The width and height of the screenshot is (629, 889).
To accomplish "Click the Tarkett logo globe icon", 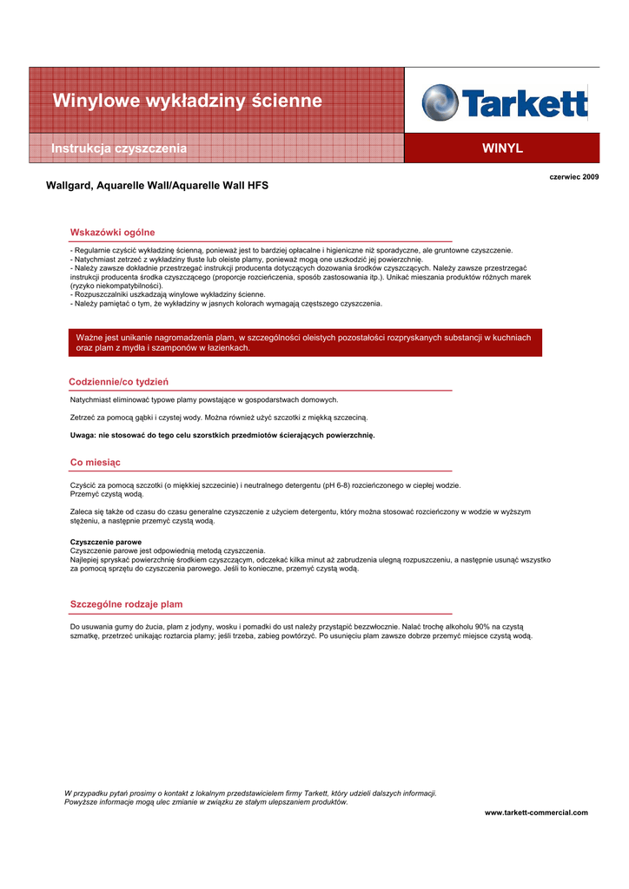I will tap(440, 102).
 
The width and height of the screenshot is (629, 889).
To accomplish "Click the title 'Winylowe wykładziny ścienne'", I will tap(187, 102).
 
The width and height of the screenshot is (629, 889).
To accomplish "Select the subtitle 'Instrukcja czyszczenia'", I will tap(119, 148).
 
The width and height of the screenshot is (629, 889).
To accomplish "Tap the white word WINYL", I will tap(502, 148).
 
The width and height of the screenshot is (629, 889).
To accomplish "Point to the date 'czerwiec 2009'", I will tap(574, 176).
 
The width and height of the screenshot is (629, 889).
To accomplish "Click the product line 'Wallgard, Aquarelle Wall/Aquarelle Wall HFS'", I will tap(157, 186).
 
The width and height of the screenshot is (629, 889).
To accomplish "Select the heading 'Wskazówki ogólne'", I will tap(112, 233).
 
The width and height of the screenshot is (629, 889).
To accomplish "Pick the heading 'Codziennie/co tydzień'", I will tap(118, 382).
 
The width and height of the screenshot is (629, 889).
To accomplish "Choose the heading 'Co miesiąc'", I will tap(95, 462).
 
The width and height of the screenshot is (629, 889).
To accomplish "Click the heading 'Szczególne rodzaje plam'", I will tap(126, 604).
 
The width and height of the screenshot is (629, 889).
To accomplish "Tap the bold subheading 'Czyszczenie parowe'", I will tap(105, 542).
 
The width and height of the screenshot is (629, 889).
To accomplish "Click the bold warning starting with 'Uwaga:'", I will tap(222, 435).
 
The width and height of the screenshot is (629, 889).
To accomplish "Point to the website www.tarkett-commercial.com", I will tap(536, 813).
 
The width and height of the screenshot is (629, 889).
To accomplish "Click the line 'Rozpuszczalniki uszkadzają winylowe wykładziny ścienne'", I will tap(169, 295).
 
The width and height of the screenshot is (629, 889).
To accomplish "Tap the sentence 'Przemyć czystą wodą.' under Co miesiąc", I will tap(107, 493).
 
